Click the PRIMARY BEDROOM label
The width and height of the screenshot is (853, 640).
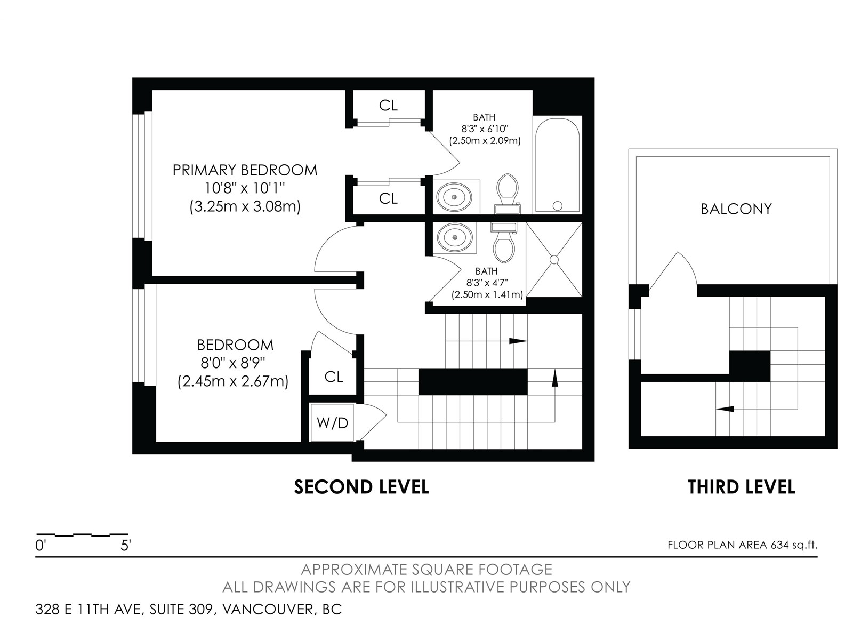pyautogui.click(x=245, y=170)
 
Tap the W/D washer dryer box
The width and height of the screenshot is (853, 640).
pyautogui.click(x=332, y=422)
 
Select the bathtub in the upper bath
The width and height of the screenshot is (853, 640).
pyautogui.click(x=557, y=165)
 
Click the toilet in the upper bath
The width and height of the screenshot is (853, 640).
pyautogui.click(x=508, y=194)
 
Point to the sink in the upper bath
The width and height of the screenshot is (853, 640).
pyautogui.click(x=454, y=197)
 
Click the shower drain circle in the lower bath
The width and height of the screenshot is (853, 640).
pyautogui.click(x=554, y=260)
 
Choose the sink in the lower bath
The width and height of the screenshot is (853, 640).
pyautogui.click(x=455, y=237)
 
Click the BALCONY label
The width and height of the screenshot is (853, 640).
pyautogui.click(x=736, y=209)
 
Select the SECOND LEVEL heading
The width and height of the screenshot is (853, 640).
pyautogui.click(x=361, y=487)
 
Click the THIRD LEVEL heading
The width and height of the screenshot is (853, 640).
pyautogui.click(x=742, y=487)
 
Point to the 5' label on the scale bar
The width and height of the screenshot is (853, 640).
pyautogui.click(x=125, y=546)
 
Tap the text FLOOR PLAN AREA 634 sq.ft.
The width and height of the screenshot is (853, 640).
pyautogui.click(x=743, y=545)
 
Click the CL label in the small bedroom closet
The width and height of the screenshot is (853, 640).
pyautogui.click(x=334, y=377)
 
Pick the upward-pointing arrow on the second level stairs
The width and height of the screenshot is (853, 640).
pyautogui.click(x=555, y=378)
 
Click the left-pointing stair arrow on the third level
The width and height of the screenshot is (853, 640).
pyautogui.click(x=725, y=409)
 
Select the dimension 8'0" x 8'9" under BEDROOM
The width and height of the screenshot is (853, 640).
pyautogui.click(x=233, y=363)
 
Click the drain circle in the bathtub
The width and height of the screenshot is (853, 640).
pyautogui.click(x=557, y=205)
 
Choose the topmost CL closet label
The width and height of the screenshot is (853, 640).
pyautogui.click(x=388, y=105)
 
